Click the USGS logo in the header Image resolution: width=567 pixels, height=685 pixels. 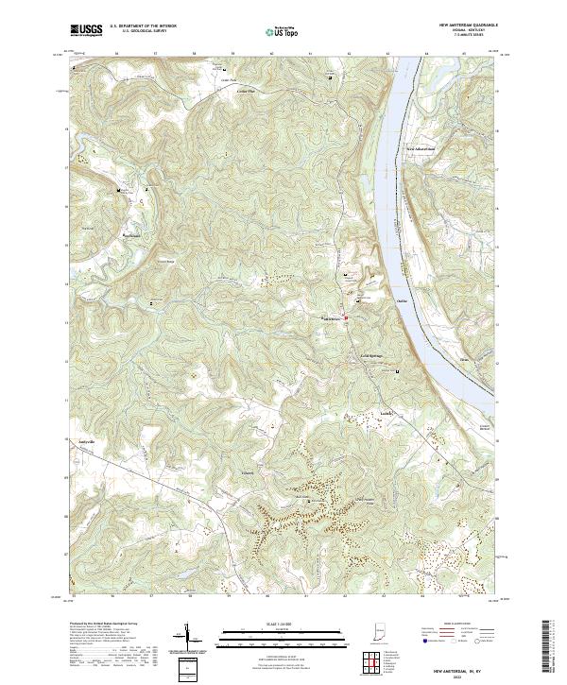87,30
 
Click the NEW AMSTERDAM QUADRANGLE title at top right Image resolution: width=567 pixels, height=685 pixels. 465,25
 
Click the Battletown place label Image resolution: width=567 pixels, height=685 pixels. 333,317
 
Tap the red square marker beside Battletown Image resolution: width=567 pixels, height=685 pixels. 346,317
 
